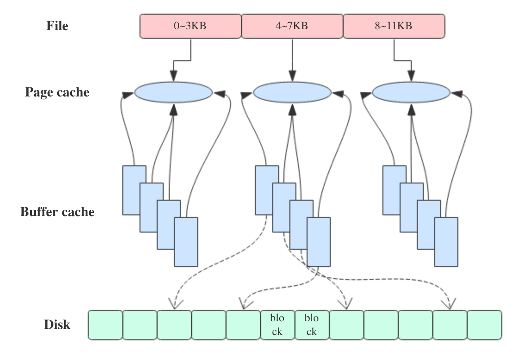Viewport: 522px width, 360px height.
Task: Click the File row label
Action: coord(57,26)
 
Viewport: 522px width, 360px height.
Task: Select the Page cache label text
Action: coord(57,92)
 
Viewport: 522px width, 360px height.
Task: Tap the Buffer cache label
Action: coord(57,212)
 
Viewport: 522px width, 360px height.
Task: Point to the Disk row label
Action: coord(57,324)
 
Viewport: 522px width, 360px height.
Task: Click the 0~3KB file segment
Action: coord(190,26)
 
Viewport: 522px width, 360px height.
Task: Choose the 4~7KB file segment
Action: coord(292,26)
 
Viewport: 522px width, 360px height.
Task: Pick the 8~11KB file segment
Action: coord(394,26)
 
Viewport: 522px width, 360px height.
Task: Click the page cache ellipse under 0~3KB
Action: coord(174,92)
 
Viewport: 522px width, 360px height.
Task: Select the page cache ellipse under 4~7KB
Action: coord(292,92)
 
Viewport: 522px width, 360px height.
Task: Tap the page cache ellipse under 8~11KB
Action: coord(411,92)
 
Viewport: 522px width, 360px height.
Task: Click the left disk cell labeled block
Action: coord(277,325)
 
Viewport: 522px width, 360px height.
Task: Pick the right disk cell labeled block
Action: coord(312,325)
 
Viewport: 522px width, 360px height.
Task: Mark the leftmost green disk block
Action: coord(105,325)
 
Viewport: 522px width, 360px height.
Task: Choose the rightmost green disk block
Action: coord(485,325)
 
